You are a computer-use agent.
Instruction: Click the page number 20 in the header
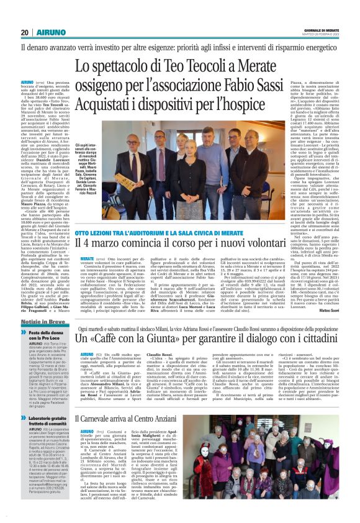point(24,32)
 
